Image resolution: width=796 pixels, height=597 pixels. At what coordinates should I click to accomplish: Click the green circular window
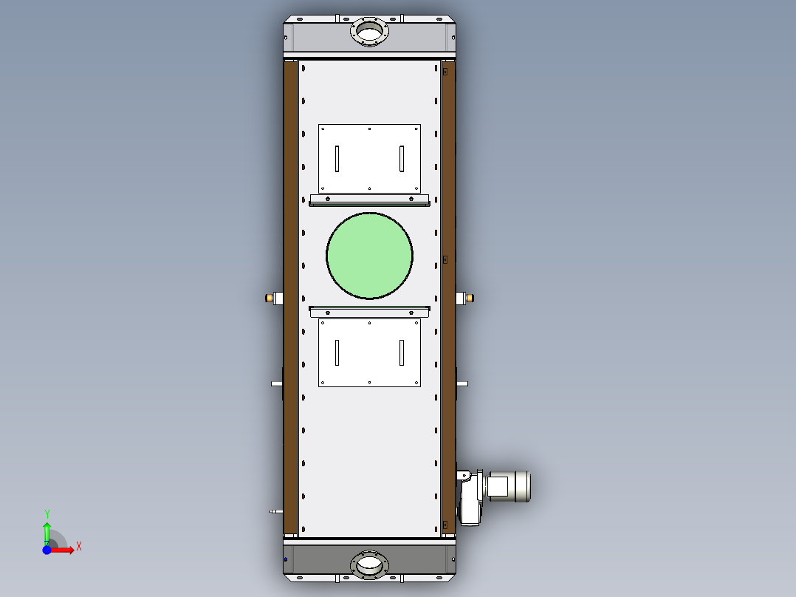[369, 256]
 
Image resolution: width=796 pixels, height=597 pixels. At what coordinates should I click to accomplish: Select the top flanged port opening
[369, 31]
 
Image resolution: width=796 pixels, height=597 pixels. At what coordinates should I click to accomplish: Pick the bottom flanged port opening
[369, 564]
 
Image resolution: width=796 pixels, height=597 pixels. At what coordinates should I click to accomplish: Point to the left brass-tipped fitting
[274, 298]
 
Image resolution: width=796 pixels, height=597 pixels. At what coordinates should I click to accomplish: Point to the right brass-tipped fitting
[465, 298]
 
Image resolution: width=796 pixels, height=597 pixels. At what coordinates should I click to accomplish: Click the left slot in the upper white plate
[337, 159]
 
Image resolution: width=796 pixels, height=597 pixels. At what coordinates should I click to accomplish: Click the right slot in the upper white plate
[402, 159]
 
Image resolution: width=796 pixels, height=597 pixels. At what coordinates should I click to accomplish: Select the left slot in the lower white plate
[337, 352]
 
